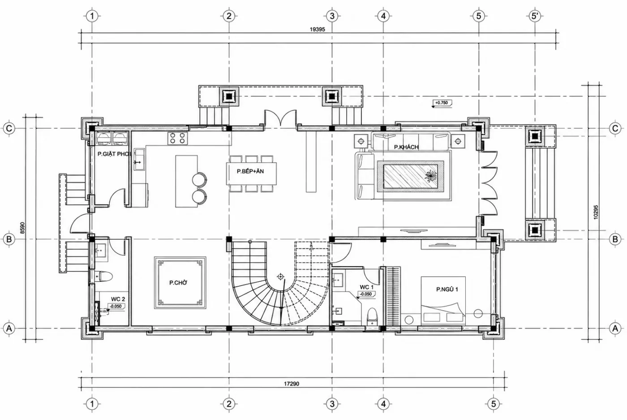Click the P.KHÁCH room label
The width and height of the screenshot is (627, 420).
(406, 147)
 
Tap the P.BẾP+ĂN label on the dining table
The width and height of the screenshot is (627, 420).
(250, 171)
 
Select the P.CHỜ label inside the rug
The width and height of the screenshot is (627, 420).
(178, 283)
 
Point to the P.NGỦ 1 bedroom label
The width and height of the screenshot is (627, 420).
(447, 289)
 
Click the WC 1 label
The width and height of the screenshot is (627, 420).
(366, 287)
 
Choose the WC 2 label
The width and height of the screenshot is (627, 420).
(118, 299)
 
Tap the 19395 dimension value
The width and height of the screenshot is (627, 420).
(318, 30)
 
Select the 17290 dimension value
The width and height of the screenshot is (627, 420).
(292, 384)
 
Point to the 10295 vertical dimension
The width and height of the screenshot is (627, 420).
(595, 212)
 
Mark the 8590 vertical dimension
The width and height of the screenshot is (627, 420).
(23, 228)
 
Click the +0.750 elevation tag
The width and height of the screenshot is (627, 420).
(442, 103)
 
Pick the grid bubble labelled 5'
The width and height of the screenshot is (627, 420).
(535, 16)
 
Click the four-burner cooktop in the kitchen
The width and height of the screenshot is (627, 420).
(177, 138)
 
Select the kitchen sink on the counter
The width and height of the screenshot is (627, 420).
(139, 159)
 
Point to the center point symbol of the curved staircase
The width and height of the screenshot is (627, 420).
(280, 277)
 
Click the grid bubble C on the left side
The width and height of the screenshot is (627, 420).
(9, 129)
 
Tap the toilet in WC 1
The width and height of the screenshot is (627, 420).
(372, 317)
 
